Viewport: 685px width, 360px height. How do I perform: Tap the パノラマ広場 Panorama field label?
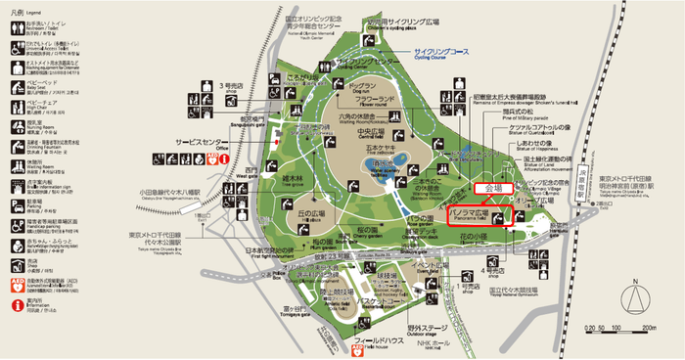click(467, 210)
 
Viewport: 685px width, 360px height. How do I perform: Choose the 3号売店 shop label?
click(231, 86)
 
